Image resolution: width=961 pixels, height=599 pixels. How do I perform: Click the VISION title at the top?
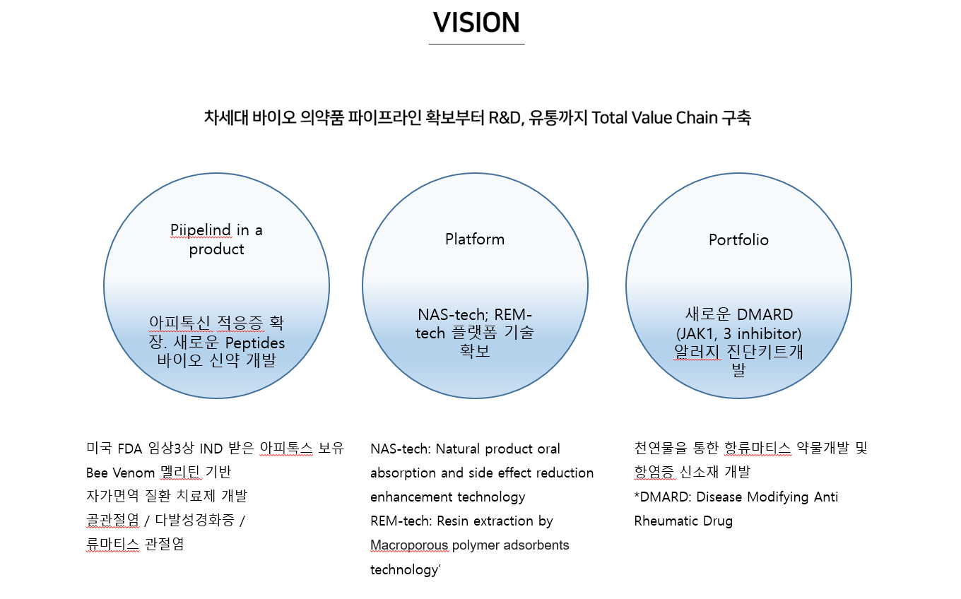tap(476, 22)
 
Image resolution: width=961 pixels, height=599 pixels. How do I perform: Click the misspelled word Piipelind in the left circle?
tap(201, 230)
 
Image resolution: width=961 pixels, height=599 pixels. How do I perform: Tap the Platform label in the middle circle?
tap(475, 239)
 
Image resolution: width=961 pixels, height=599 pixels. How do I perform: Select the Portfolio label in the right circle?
tap(738, 239)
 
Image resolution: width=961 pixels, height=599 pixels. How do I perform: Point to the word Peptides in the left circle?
tap(255, 343)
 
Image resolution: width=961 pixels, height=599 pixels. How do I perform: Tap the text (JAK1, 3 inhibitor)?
tap(738, 333)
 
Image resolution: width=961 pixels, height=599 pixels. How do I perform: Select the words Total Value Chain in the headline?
tap(654, 117)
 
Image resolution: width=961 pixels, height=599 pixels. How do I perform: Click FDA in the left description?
tap(129, 449)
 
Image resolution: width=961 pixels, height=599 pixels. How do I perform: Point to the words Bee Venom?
tap(120, 473)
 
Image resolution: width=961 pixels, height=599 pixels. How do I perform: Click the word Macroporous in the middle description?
tap(409, 545)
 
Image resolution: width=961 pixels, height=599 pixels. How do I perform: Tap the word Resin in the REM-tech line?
tap(452, 521)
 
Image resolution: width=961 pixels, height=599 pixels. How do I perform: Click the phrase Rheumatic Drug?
tap(683, 521)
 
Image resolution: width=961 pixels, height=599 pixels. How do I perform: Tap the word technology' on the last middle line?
tap(406, 570)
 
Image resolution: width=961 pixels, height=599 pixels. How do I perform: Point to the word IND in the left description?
tap(211, 449)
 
